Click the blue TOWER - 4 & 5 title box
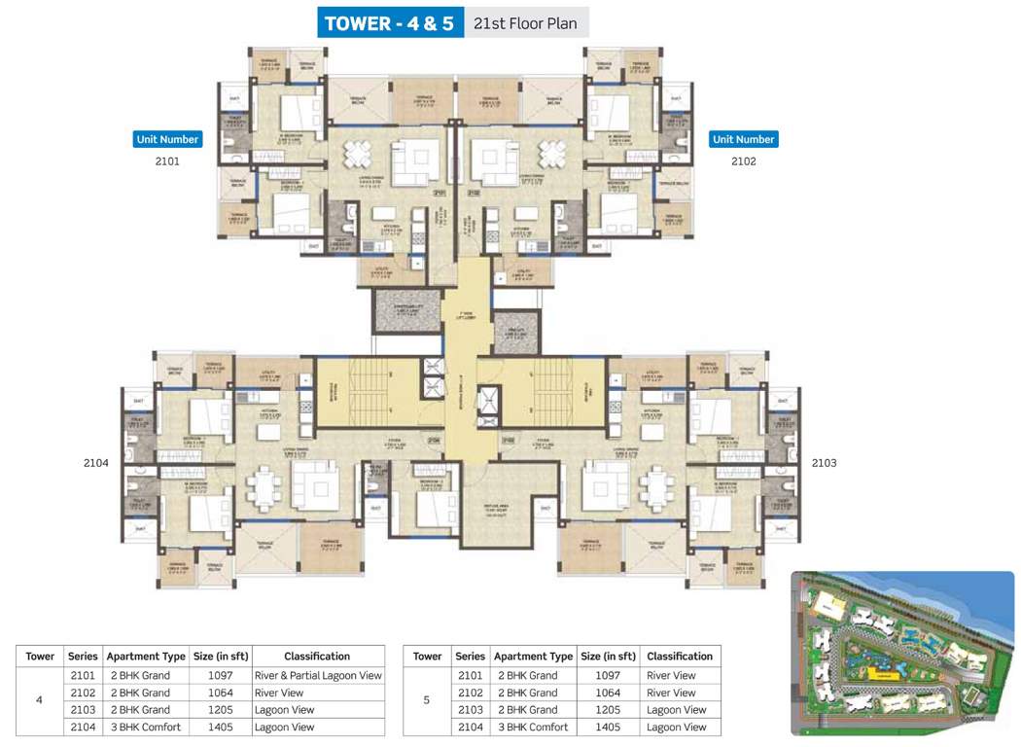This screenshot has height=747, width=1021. pyautogui.click(x=389, y=23)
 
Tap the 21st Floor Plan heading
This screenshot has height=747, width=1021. pyautogui.click(x=525, y=23)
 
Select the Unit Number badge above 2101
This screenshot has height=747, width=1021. pyautogui.click(x=167, y=139)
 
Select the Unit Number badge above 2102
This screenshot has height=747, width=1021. pyautogui.click(x=744, y=139)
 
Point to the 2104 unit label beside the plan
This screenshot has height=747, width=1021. pyautogui.click(x=96, y=463)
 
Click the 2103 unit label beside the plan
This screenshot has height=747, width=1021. pyautogui.click(x=824, y=463)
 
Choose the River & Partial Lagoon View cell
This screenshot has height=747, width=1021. pyautogui.click(x=318, y=675)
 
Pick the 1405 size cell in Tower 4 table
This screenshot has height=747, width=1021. pyautogui.click(x=221, y=727)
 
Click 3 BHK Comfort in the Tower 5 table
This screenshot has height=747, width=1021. pyautogui.click(x=533, y=727)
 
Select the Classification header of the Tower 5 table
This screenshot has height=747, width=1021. pyautogui.click(x=680, y=656)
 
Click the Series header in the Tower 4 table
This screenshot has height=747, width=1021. pyautogui.click(x=83, y=656)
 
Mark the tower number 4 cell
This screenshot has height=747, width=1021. pyautogui.click(x=39, y=700)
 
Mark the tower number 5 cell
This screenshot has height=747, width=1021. pyautogui.click(x=427, y=700)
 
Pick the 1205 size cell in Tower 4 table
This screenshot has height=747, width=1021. pyautogui.click(x=221, y=710)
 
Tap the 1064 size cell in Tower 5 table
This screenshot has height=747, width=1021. pyautogui.click(x=609, y=693)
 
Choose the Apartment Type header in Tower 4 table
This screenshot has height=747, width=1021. pyautogui.click(x=146, y=656)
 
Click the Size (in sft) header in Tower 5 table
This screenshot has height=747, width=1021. pyautogui.click(x=609, y=656)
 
